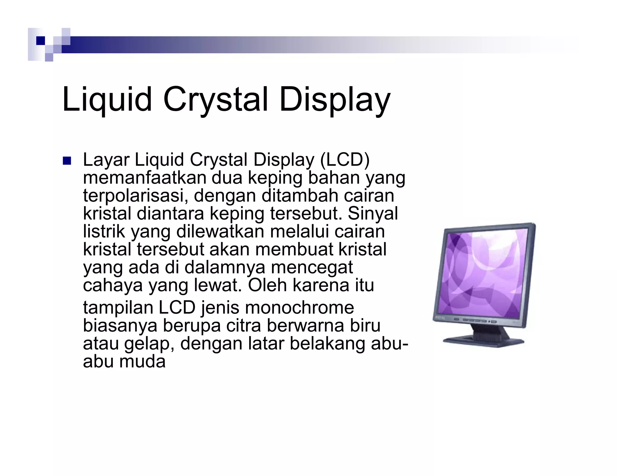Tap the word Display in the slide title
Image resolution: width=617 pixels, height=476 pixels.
[x=335, y=100]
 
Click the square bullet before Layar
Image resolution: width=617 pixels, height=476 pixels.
[x=66, y=161]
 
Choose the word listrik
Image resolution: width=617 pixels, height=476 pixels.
[x=104, y=231]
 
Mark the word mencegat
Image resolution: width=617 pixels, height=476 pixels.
[x=312, y=267]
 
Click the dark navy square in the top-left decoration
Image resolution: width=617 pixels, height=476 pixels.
[x=40, y=41]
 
